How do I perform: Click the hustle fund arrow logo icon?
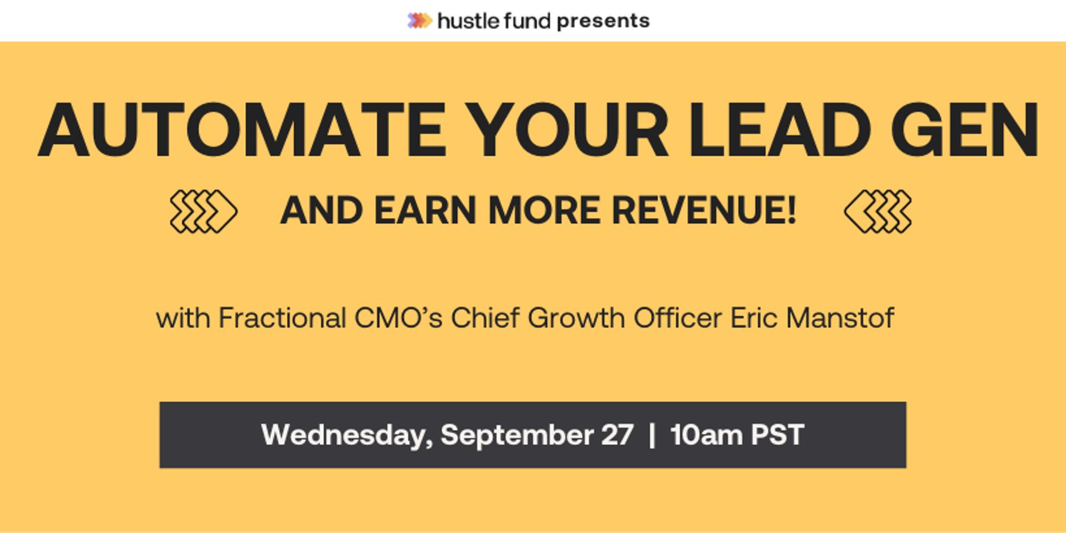tap(419, 21)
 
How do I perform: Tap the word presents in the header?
tap(603, 21)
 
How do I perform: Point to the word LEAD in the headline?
tap(779, 131)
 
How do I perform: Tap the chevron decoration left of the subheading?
tap(203, 211)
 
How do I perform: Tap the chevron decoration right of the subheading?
tap(878, 211)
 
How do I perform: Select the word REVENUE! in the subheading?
tap(704, 211)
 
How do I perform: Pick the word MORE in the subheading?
tap(544, 211)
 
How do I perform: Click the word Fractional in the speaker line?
tap(282, 318)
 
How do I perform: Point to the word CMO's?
tap(398, 318)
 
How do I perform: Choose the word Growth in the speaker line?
tap(576, 318)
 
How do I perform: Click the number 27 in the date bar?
tap(617, 435)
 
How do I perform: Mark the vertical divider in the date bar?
tap(652, 435)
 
